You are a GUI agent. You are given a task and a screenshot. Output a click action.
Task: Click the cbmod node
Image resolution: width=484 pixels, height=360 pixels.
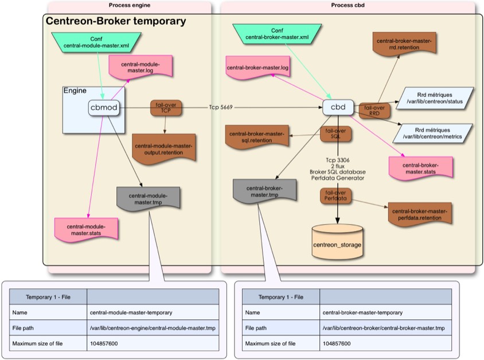point(103,107)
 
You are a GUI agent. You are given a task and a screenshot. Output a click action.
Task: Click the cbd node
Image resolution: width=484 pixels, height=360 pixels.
point(338,107)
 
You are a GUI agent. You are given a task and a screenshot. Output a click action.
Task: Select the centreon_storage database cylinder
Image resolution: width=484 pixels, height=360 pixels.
point(337,242)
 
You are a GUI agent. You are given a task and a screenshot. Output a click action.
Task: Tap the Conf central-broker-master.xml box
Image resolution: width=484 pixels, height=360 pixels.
point(278,34)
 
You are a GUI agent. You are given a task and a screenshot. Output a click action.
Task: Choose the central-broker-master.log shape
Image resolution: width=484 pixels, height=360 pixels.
point(257,68)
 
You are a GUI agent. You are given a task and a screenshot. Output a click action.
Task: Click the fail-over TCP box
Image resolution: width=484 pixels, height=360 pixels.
point(165,108)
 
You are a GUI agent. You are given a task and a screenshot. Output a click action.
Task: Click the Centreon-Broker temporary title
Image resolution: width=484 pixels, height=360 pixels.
point(115,22)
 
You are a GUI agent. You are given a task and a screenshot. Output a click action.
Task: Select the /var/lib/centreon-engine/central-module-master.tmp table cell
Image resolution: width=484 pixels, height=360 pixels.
point(151,328)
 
